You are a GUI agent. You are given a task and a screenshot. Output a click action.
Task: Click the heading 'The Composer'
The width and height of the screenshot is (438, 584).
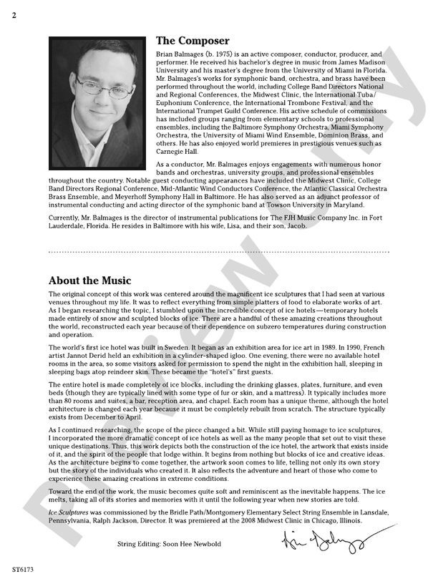193,41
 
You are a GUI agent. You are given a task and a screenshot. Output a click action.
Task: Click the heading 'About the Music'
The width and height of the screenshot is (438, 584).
89,281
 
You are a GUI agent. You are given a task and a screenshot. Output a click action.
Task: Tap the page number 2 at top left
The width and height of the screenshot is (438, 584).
14,16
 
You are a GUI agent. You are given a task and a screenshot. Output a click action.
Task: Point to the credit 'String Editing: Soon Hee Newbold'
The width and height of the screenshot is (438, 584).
169,544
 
